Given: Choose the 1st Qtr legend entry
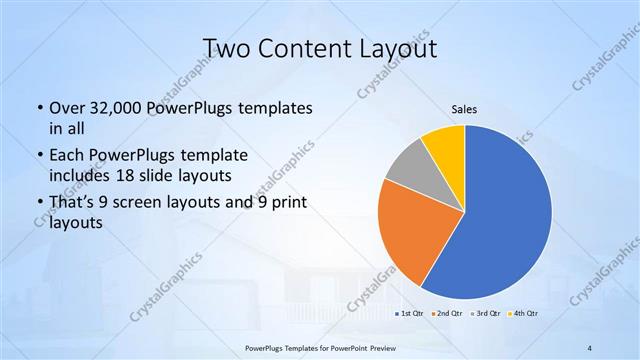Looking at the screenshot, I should pos(410,314).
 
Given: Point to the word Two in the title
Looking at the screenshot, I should pos(227,48).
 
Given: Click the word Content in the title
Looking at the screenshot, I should pos(303,48).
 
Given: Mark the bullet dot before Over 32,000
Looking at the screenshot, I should pos(39,108).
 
